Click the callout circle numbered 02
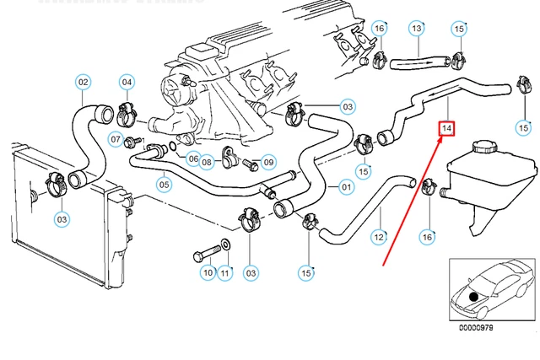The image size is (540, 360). click(84, 82)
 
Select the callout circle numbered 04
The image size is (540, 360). click(127, 82)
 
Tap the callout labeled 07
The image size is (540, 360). click(117, 139)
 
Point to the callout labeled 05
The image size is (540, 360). click(165, 185)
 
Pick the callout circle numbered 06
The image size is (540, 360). click(193, 159)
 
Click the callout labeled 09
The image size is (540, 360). click(268, 162)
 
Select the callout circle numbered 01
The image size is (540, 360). click(346, 186)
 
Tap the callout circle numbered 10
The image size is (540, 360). click(208, 272)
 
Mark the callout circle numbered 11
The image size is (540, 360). click(225, 272)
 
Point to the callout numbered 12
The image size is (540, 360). click(380, 239)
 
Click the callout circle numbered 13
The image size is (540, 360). click(416, 29)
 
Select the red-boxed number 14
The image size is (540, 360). click(446, 128)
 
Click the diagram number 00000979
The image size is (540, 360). click(475, 327)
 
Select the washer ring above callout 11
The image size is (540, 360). click(224, 247)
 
